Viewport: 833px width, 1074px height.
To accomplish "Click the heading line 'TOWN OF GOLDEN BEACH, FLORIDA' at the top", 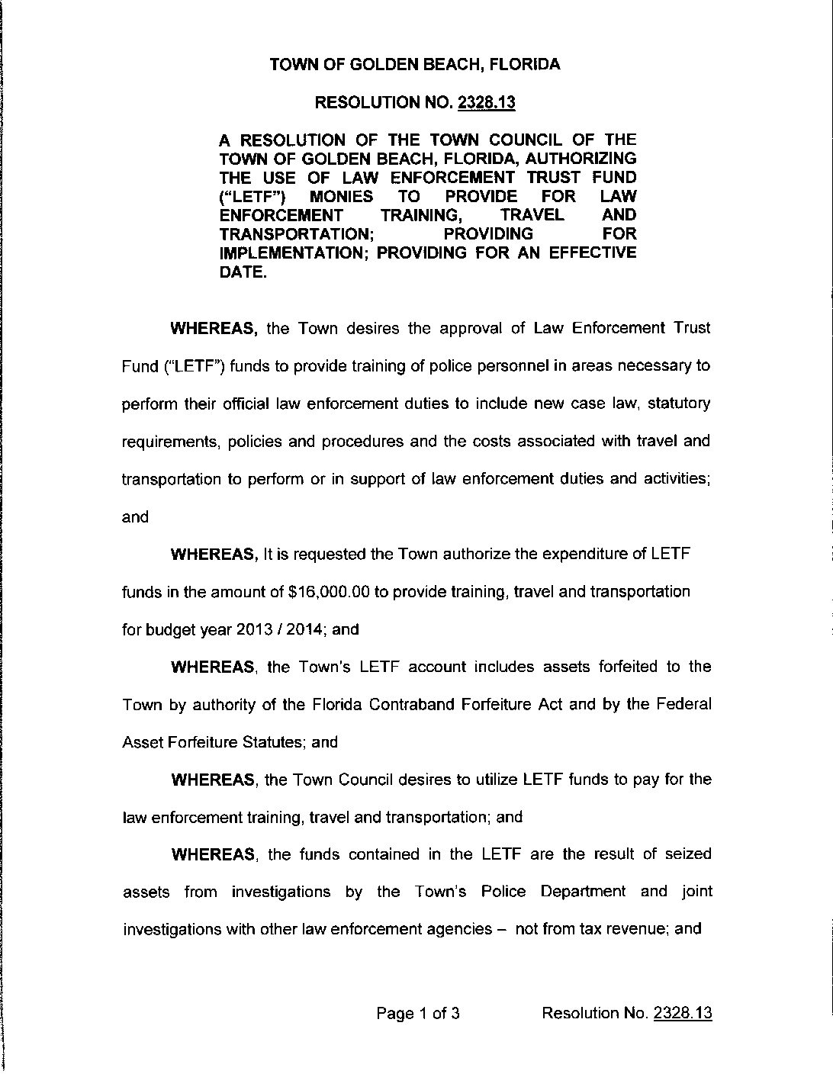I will click(415, 65).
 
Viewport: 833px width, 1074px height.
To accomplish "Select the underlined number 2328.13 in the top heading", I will click(486, 103).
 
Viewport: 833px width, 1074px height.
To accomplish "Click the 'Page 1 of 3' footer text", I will click(418, 1013).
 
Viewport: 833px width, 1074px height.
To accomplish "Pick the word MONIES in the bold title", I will click(341, 196).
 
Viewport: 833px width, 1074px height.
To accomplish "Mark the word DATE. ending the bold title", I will click(243, 272).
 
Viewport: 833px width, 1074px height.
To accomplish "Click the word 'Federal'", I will click(683, 704).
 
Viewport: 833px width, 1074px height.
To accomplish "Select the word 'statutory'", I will click(679, 403).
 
